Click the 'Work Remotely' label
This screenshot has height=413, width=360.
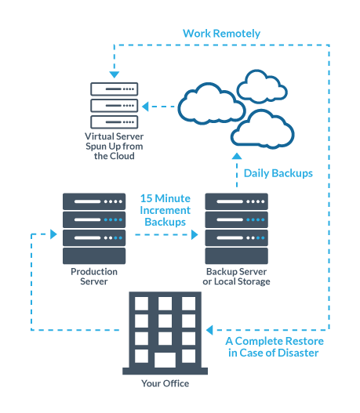[x=221, y=34]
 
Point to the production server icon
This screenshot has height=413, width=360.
[x=94, y=227]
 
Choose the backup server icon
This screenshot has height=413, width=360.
[x=236, y=227]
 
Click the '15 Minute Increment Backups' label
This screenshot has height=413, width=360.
[x=165, y=211]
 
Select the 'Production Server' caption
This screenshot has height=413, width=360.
[x=94, y=277]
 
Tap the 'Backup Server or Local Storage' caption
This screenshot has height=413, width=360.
[x=236, y=277]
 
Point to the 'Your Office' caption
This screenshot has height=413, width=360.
[x=165, y=384]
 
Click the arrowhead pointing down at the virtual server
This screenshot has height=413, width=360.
[x=115, y=74]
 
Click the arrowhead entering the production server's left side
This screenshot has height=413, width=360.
[x=53, y=234]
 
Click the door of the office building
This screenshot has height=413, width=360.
[x=165, y=360]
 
